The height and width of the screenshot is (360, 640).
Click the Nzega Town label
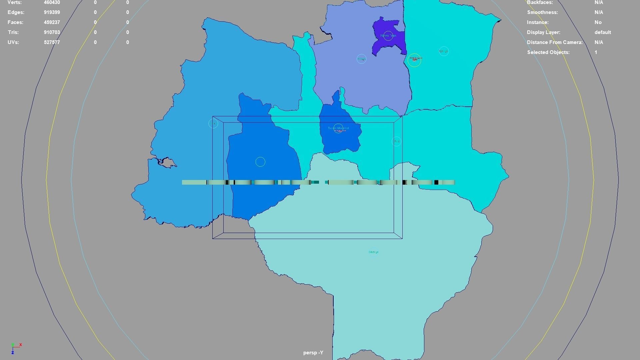[x=388, y=36]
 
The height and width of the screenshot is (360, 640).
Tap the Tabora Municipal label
[x=338, y=128]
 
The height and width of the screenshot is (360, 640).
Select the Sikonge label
[x=373, y=252]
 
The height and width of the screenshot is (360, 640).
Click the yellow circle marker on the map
[x=414, y=60]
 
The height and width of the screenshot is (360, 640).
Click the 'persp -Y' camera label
[x=313, y=353]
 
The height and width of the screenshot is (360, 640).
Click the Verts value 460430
[x=52, y=2]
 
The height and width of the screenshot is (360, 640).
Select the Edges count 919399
[x=52, y=12]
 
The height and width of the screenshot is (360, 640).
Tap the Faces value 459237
[x=52, y=22]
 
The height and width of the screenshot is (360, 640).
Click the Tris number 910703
[x=52, y=32]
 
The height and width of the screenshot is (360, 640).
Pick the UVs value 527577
[x=52, y=42]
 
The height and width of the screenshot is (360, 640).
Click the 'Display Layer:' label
[x=543, y=32]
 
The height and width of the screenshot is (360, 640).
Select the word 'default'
[x=602, y=32]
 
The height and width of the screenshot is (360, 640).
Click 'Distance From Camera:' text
[x=555, y=42]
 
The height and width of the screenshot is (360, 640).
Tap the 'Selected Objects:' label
[x=548, y=52]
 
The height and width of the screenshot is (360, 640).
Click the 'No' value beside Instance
[x=598, y=22]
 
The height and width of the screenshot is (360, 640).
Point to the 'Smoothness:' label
[x=542, y=12]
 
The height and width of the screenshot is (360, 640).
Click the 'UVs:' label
[x=13, y=42]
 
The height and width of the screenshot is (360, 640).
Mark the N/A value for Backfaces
[x=598, y=2]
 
